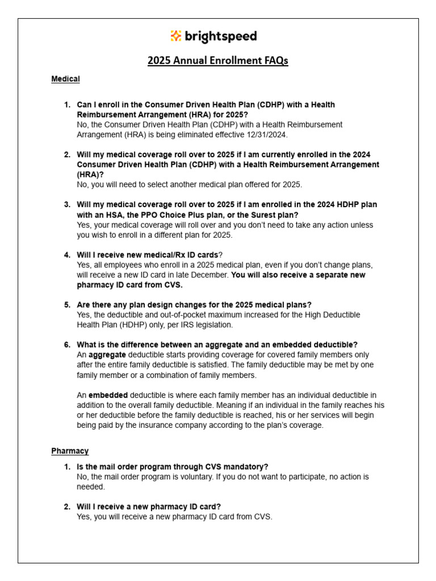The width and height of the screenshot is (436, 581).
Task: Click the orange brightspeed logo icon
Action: (x=176, y=36)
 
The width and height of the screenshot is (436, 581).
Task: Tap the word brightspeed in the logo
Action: (x=221, y=37)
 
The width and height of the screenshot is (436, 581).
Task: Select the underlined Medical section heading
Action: (x=65, y=79)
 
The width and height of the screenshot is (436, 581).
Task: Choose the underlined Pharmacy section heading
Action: (x=70, y=451)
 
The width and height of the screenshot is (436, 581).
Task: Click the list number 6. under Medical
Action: (x=67, y=345)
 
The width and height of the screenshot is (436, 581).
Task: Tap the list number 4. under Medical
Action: (x=67, y=255)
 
